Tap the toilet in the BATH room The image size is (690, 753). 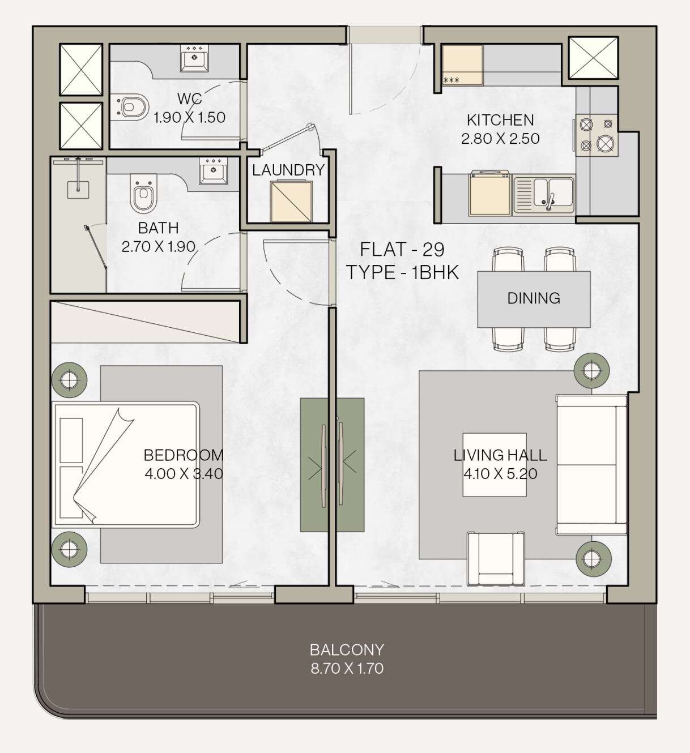coord(143,193)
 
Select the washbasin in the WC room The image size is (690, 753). coord(194,58)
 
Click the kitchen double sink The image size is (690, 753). coord(544,195)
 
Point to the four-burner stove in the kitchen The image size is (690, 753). coord(597,135)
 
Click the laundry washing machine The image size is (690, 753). coord(292,201)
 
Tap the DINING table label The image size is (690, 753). coord(534,298)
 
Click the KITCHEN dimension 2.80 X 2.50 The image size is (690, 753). coord(500,139)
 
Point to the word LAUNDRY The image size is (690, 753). coord(288,170)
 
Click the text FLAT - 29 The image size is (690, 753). coord(402,250)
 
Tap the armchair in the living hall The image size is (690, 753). coord(496,559)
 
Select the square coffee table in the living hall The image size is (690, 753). coord(495,465)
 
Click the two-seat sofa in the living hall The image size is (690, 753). coord(591,465)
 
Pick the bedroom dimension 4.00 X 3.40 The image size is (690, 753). coord(184,474)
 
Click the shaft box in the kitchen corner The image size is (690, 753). coord(593,58)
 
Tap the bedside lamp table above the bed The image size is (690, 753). coord(69,380)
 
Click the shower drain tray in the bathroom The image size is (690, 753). coord(78,190)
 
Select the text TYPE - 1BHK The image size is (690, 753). coord(402,272)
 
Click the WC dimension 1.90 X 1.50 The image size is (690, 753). coord(189,118)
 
